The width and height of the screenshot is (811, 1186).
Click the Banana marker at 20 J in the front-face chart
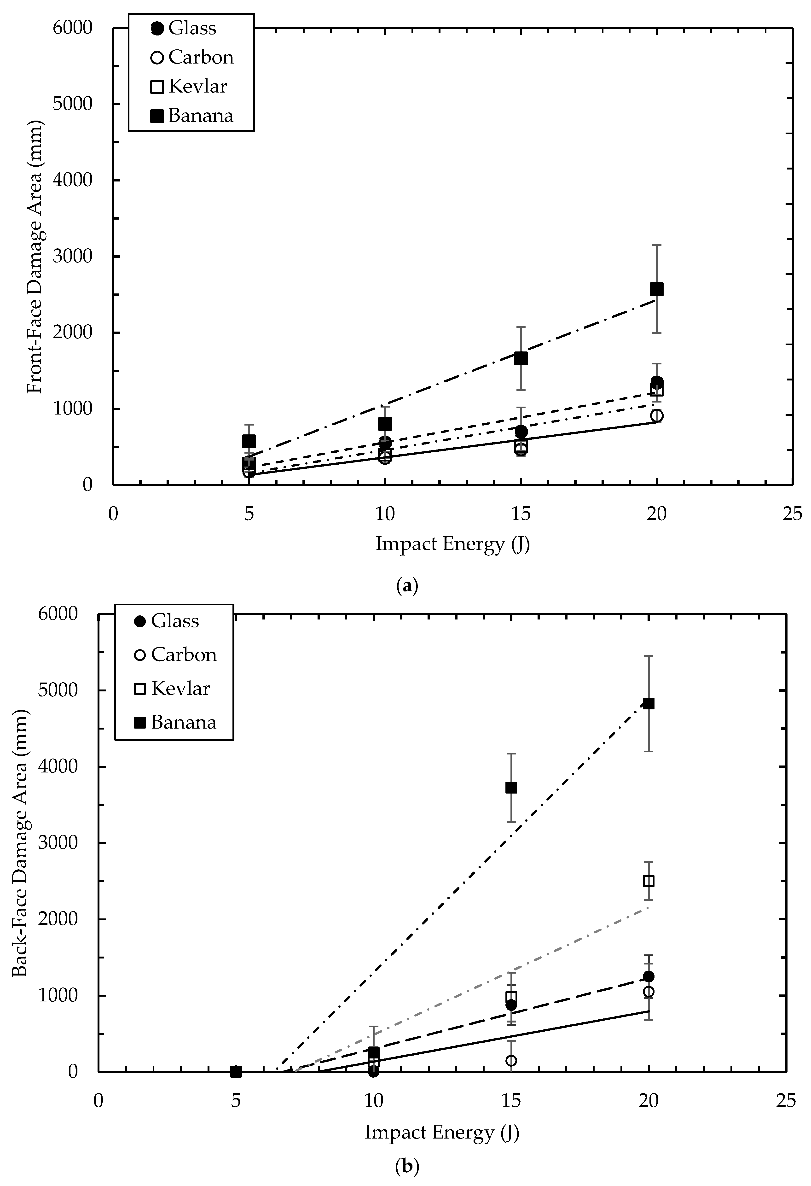click(x=656, y=289)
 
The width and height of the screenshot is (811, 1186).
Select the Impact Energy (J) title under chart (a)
click(x=452, y=544)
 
